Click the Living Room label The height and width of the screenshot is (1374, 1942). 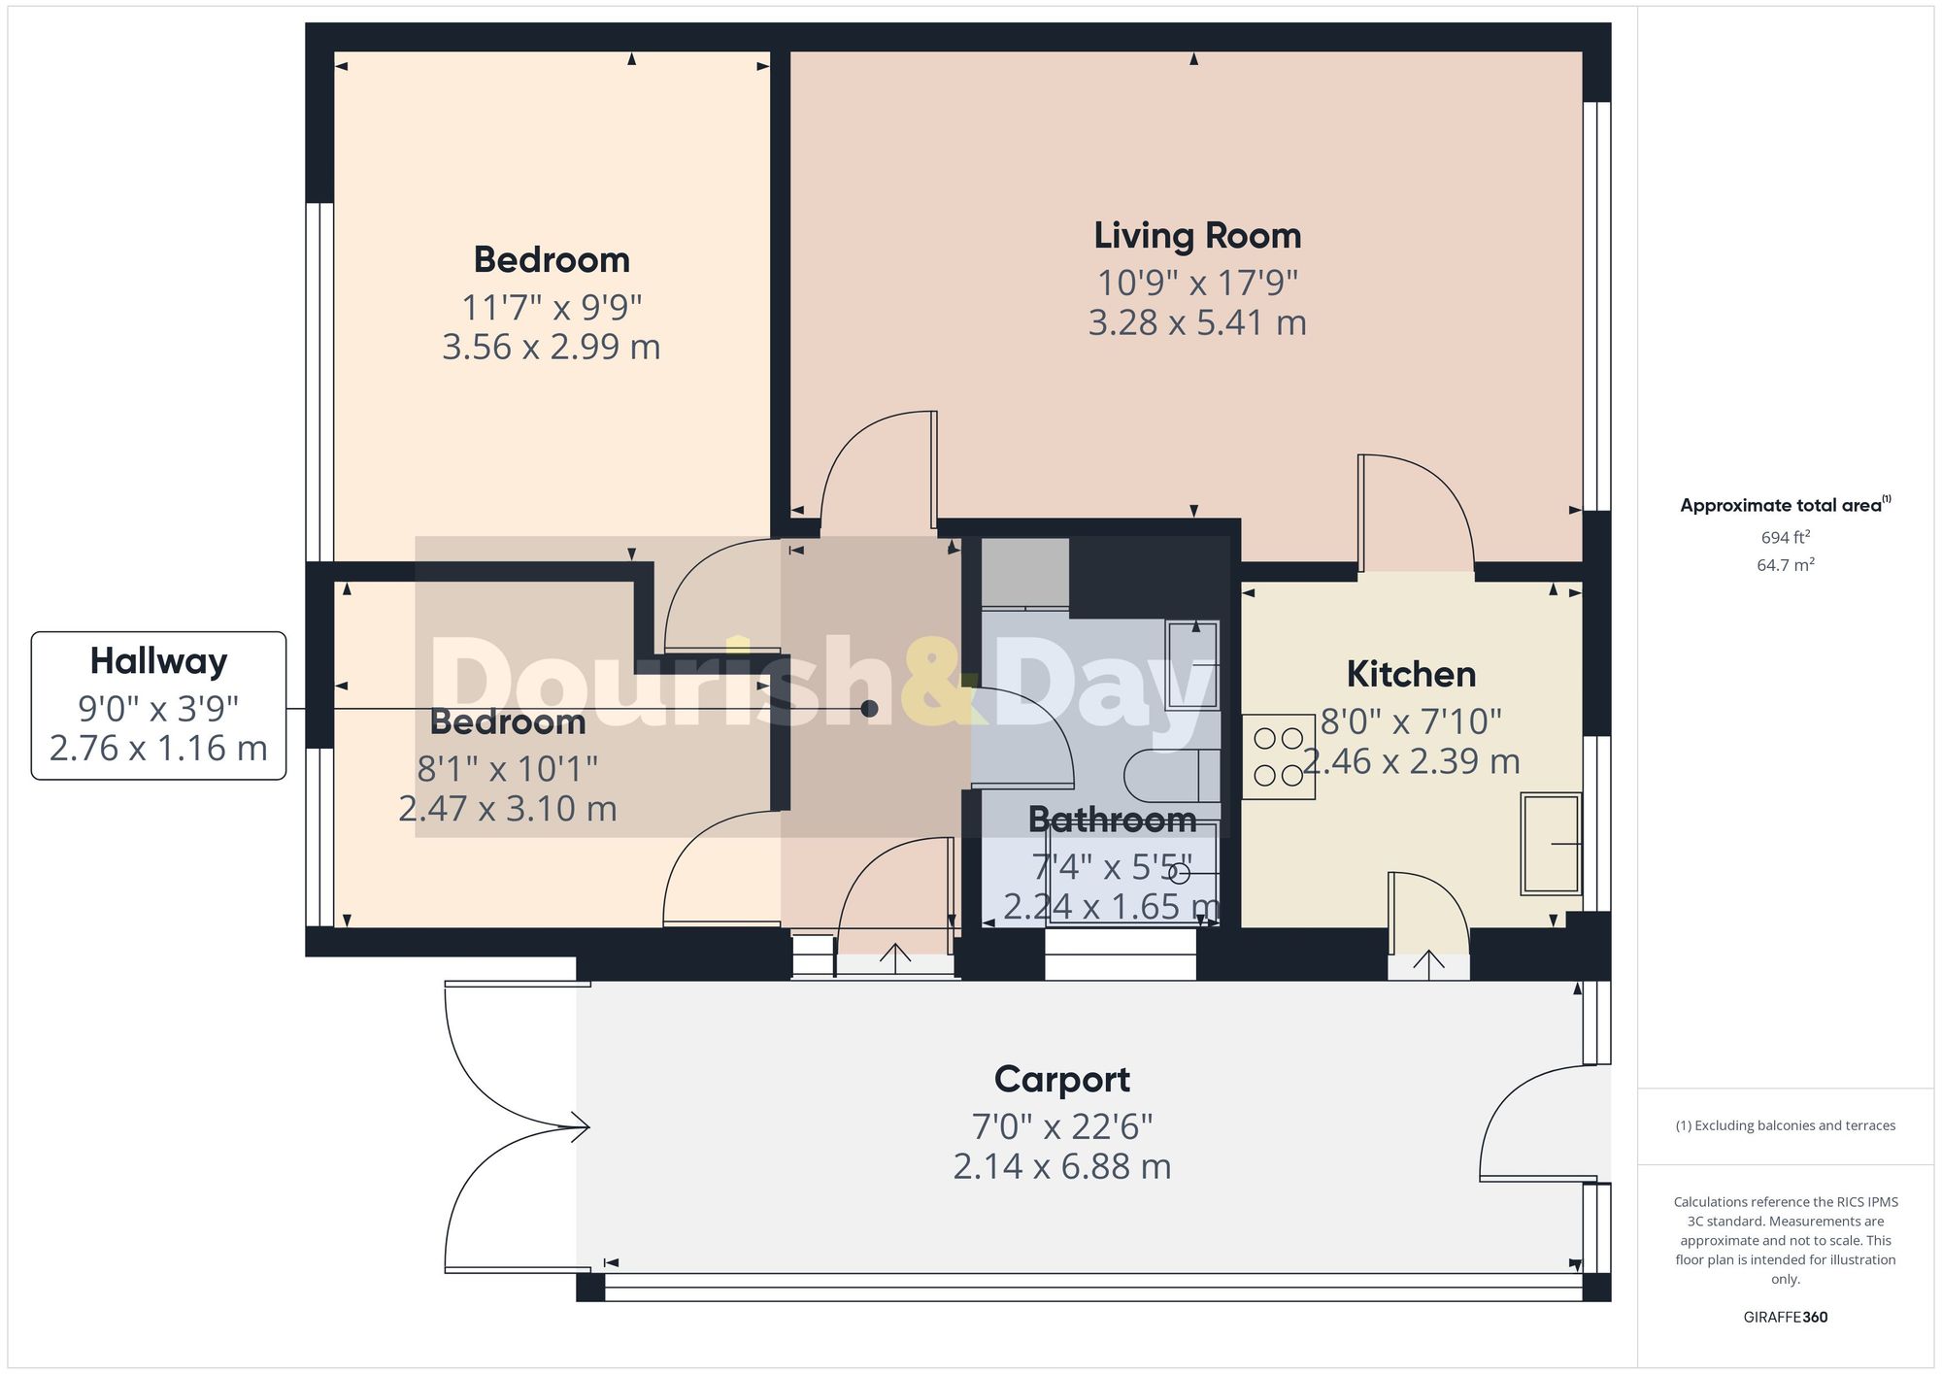[x=1196, y=236]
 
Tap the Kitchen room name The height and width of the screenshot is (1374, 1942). [x=1410, y=674]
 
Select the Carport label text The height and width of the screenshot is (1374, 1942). [x=1061, y=1079]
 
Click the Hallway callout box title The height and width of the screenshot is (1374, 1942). [x=158, y=661]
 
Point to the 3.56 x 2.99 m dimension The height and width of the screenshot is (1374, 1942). [x=551, y=347]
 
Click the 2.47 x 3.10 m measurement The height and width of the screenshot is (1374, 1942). [x=507, y=808]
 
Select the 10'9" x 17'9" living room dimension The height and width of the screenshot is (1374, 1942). [x=1196, y=283]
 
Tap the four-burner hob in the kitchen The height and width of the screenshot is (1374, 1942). [x=1278, y=757]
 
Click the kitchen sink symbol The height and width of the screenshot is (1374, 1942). [x=1550, y=844]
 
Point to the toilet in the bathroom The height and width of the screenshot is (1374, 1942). [x=1171, y=775]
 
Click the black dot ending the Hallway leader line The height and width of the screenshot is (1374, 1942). [x=869, y=709]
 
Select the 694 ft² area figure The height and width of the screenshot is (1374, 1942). [x=1785, y=537]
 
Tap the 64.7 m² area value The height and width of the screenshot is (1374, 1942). [x=1785, y=565]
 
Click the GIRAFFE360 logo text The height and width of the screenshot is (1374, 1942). [x=1785, y=1317]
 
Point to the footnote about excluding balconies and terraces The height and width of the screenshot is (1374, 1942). [x=1785, y=1125]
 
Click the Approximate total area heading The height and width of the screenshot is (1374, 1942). [x=1783, y=505]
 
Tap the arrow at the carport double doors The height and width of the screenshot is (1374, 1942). [x=582, y=1127]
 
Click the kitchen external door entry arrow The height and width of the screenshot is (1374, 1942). [x=1427, y=961]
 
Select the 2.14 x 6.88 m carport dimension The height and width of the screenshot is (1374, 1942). [x=1061, y=1166]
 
